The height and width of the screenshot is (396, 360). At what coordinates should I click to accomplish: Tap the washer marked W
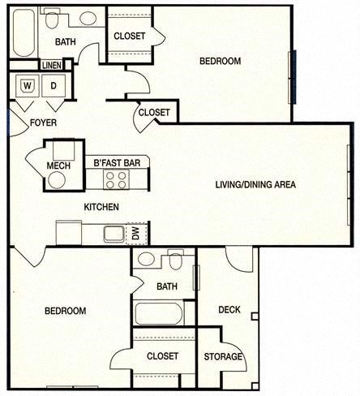(28, 84)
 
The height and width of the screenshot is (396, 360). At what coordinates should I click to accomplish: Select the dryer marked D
(54, 84)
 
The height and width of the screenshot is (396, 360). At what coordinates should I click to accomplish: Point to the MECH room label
(58, 166)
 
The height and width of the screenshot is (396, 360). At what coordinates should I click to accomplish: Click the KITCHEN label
(101, 208)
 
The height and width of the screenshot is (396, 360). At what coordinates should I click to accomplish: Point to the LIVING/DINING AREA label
(255, 185)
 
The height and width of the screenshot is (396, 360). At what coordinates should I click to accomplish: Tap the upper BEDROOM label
(220, 62)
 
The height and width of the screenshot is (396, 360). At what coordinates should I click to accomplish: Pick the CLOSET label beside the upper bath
(130, 36)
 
